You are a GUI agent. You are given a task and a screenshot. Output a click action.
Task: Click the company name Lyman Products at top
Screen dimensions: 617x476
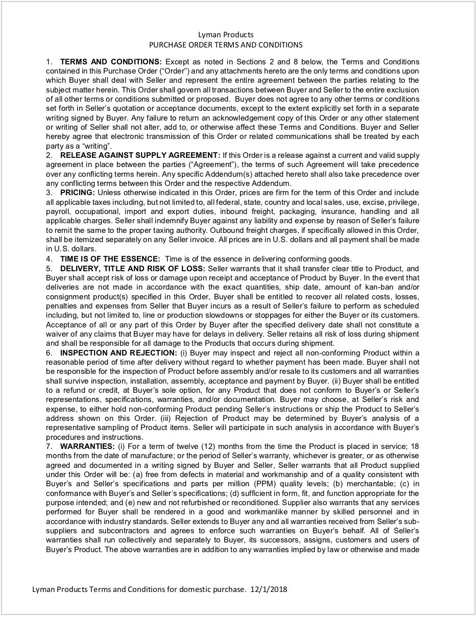tap(225, 35)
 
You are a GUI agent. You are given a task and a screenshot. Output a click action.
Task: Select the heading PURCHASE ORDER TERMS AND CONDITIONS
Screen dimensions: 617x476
tap(225, 45)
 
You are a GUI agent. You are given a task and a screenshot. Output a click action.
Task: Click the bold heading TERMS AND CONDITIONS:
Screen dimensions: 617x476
tap(111, 62)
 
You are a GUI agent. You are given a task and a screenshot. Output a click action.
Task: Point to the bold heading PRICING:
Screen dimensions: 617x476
tap(78, 193)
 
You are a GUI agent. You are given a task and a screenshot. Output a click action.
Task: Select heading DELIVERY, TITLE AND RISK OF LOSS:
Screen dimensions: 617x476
tap(132, 268)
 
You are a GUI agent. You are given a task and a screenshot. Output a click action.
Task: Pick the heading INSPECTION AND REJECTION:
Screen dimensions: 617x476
tap(118, 352)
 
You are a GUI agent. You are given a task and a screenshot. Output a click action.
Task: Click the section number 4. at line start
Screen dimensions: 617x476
tap(49, 258)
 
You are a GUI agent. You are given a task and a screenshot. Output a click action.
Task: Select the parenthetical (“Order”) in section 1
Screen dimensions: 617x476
tap(177, 71)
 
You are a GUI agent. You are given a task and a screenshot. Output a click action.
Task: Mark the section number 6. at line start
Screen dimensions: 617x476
tap(49, 352)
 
